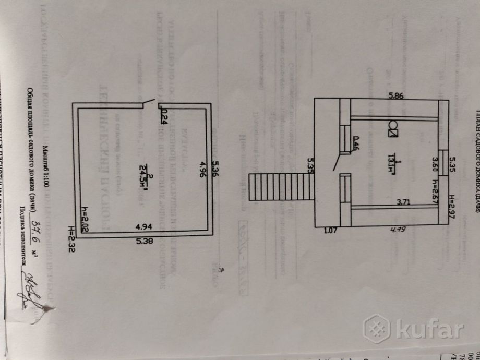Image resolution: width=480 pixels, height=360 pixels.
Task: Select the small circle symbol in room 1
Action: (393, 126)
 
